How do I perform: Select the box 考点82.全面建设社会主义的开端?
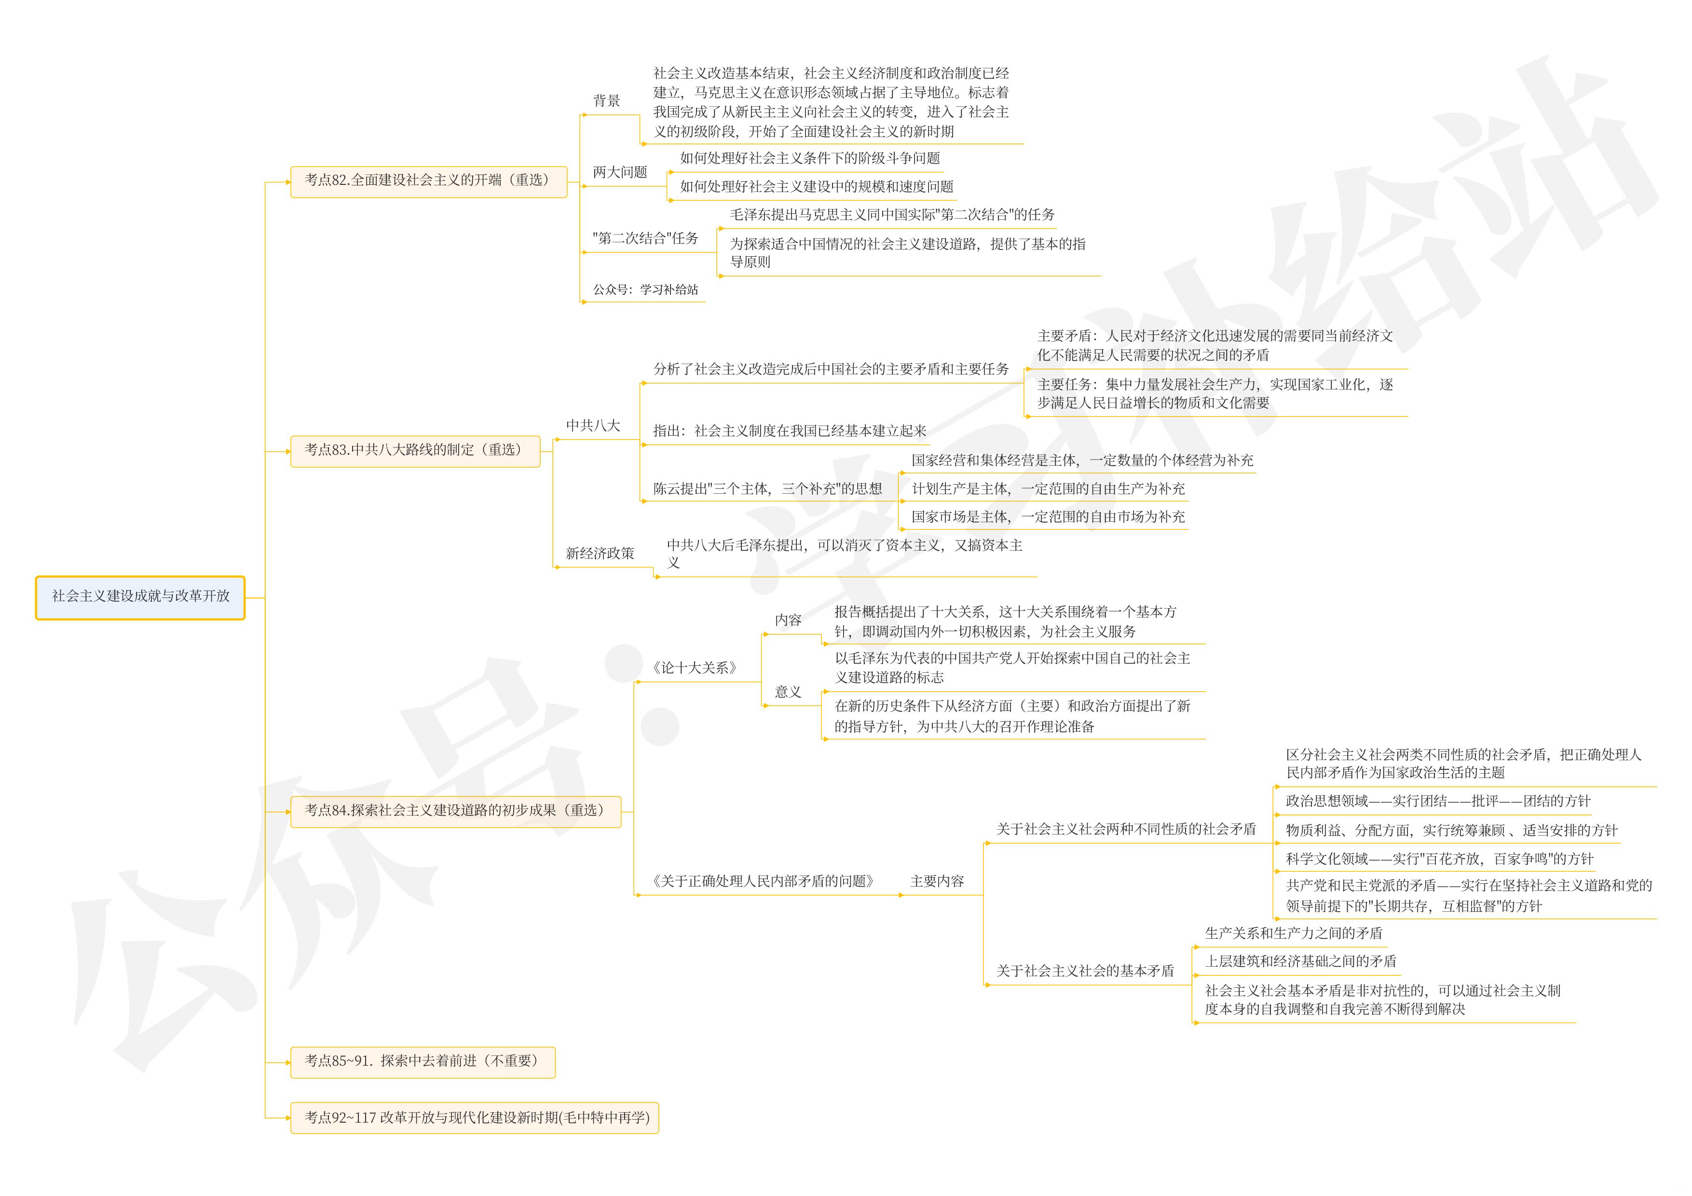pos(428,181)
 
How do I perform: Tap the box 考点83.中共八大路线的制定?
pos(415,450)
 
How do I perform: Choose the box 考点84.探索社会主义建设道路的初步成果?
pos(455,810)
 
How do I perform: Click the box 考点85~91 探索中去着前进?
pos(422,1061)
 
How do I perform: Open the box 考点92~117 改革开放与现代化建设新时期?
pos(474,1118)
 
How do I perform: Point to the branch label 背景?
pos(606,101)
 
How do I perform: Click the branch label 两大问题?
pos(620,172)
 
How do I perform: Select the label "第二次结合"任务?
pos(645,238)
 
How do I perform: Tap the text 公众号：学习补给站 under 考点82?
pos(645,290)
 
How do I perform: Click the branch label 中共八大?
pos(592,426)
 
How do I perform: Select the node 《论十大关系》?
pos(694,668)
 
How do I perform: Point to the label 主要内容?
pos(937,881)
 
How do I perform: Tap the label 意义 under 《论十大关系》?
pos(787,692)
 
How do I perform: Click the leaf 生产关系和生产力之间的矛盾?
pos(1293,933)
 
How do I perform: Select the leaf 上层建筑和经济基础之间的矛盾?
pos(1300,961)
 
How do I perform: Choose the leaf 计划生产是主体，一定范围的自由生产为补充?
pos(1048,489)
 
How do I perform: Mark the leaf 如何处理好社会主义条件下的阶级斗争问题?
pos(809,158)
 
